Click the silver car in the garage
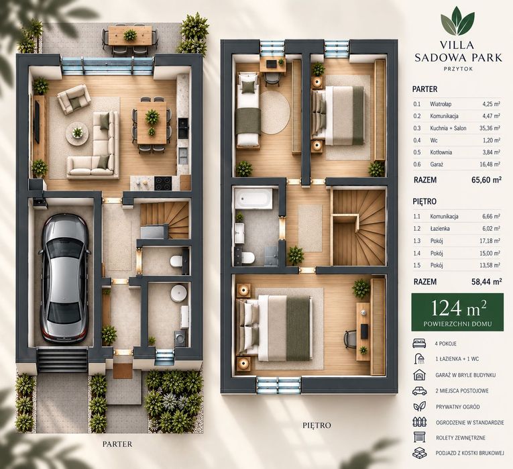[x=64, y=278]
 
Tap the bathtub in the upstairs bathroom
[x=253, y=199]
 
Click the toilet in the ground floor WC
[x=176, y=261]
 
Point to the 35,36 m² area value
[x=490, y=128]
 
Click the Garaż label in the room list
[x=437, y=164]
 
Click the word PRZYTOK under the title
[x=458, y=69]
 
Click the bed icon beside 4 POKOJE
[x=419, y=344]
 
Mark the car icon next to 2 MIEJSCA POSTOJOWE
[x=419, y=390]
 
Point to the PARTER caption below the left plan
[x=117, y=444]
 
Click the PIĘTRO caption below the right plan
[x=317, y=425]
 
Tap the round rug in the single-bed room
[x=274, y=113]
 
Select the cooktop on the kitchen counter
[x=163, y=183]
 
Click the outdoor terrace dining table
[x=130, y=36]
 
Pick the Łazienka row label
[x=440, y=228]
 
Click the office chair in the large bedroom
[x=351, y=337]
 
